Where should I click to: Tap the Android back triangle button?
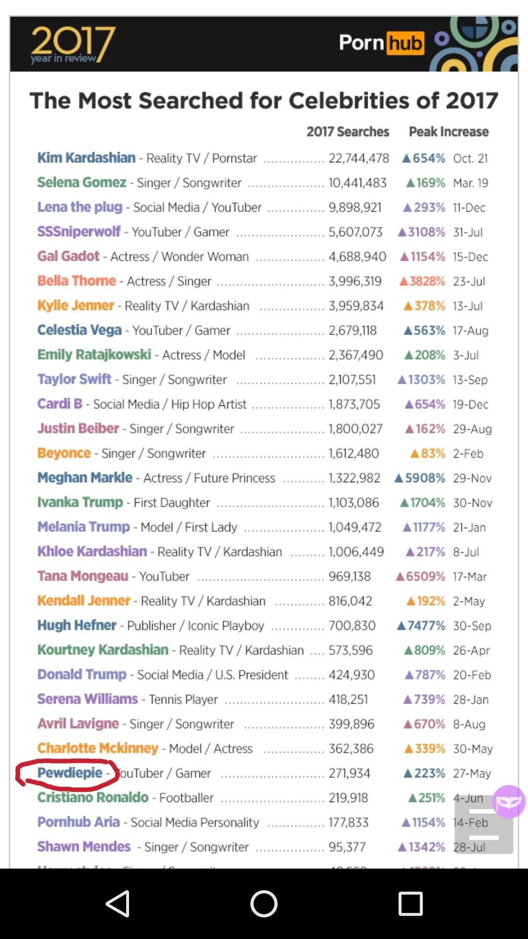pyautogui.click(x=118, y=903)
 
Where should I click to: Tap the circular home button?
pyautogui.click(x=264, y=903)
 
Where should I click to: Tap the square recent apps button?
pyautogui.click(x=410, y=903)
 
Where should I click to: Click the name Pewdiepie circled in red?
pyautogui.click(x=69, y=773)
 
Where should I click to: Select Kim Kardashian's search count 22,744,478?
pyautogui.click(x=358, y=158)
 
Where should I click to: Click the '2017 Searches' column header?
pyautogui.click(x=348, y=132)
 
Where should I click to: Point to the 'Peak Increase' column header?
pyautogui.click(x=448, y=132)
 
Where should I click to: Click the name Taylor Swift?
pyautogui.click(x=74, y=379)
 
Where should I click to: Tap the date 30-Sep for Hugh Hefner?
pyautogui.click(x=472, y=626)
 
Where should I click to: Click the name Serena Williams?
pyautogui.click(x=88, y=699)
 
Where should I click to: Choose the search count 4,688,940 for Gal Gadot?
pyautogui.click(x=357, y=257)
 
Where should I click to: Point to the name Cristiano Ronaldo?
pyautogui.click(x=93, y=797)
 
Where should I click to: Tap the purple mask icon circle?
pyautogui.click(x=508, y=802)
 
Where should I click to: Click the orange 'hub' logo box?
pyautogui.click(x=405, y=44)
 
